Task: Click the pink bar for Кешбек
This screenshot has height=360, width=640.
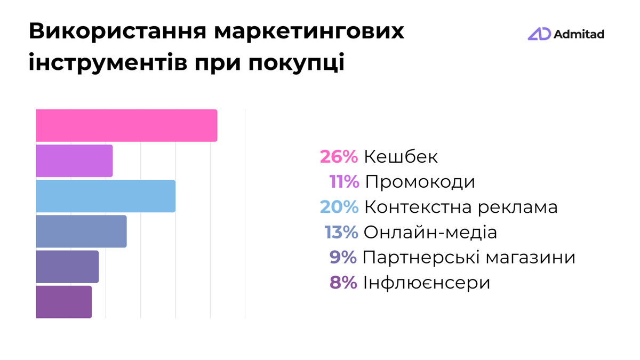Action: (126, 125)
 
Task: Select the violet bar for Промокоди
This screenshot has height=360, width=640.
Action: (74, 161)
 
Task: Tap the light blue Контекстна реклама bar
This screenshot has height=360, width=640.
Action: (106, 196)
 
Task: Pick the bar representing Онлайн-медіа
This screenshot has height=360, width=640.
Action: (81, 231)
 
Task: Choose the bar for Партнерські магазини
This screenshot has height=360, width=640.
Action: (67, 267)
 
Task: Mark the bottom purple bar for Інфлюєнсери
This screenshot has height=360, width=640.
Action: (63, 302)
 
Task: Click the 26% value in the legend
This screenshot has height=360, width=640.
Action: (339, 157)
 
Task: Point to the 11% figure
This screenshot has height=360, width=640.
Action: (344, 182)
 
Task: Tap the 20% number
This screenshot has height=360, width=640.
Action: (339, 207)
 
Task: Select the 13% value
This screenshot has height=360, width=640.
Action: (341, 233)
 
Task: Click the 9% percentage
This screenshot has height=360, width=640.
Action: (343, 258)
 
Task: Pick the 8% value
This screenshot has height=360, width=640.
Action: (343, 283)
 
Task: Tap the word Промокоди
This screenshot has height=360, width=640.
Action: (420, 182)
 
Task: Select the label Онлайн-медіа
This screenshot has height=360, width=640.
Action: (430, 233)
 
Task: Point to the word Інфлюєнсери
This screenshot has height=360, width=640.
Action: (426, 283)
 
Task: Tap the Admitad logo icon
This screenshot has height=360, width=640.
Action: (539, 34)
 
